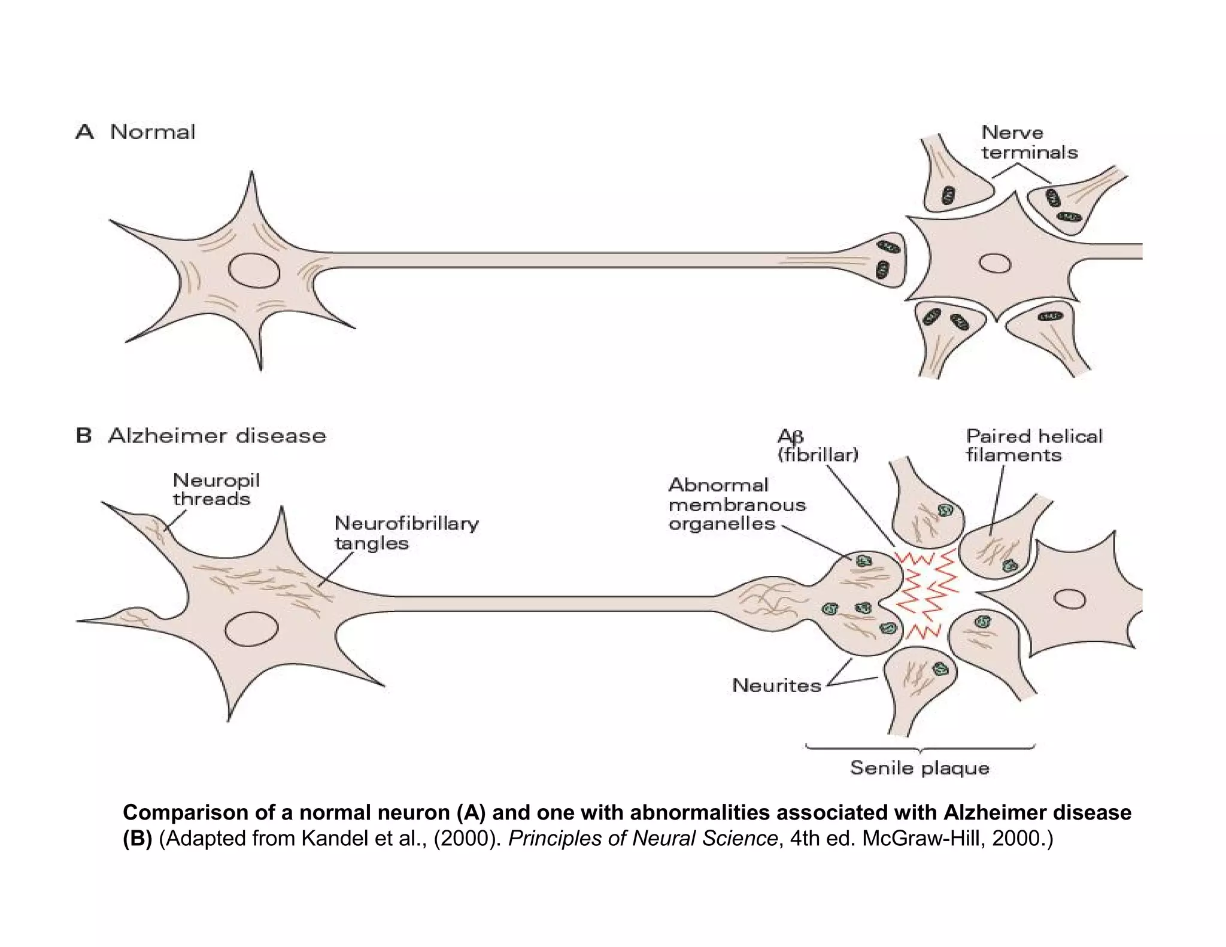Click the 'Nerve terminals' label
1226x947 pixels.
(x=1029, y=142)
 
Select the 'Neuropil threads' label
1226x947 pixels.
(x=216, y=489)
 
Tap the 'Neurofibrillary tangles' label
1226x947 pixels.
(x=406, y=533)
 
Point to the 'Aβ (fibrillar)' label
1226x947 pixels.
(x=817, y=445)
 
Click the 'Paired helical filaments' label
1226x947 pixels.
(x=1033, y=445)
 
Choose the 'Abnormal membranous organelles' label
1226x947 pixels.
(x=737, y=504)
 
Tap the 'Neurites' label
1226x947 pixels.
(x=776, y=685)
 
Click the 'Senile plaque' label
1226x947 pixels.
(x=919, y=768)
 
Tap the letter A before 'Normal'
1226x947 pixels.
(x=85, y=132)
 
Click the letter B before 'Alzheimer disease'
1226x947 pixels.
(x=84, y=435)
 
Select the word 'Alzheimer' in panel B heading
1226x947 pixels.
(x=168, y=435)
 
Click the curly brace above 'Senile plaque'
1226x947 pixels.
(x=920, y=748)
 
